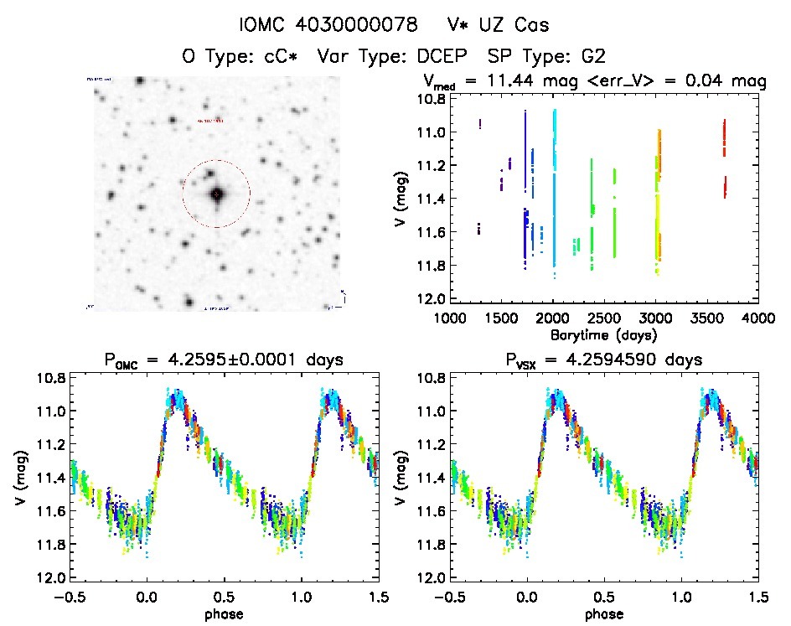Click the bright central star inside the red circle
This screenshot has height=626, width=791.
[216, 194]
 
